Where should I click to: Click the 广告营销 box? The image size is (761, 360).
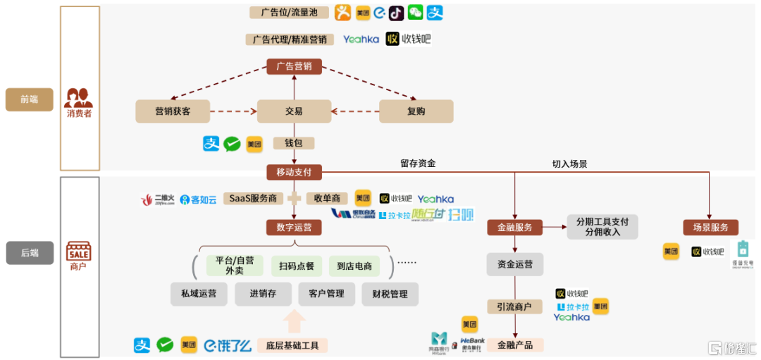tap(294, 66)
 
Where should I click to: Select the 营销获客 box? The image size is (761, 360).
tap(173, 111)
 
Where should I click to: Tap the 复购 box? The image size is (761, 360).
tap(416, 111)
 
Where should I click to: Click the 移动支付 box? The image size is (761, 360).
tap(294, 172)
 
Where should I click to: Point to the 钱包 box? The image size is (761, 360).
tap(294, 143)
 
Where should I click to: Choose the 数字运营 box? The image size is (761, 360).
tap(294, 228)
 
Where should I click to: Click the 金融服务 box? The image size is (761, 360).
tap(514, 228)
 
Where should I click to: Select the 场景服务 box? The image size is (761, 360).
tap(710, 228)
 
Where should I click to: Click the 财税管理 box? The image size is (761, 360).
tap(390, 294)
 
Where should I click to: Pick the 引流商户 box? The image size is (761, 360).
tap(514, 306)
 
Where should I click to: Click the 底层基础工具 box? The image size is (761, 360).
tap(292, 345)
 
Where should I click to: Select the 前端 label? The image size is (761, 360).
tap(29, 99)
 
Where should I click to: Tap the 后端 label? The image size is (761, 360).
tap(29, 252)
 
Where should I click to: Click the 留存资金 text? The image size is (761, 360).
tap(418, 163)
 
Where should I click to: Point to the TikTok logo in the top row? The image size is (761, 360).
tap(397, 13)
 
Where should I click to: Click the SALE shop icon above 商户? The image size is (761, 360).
tap(78, 251)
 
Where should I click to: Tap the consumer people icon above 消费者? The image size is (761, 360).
tap(78, 97)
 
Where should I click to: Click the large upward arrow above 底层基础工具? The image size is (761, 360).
tap(294, 321)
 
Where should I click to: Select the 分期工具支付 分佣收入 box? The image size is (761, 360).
tap(602, 227)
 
